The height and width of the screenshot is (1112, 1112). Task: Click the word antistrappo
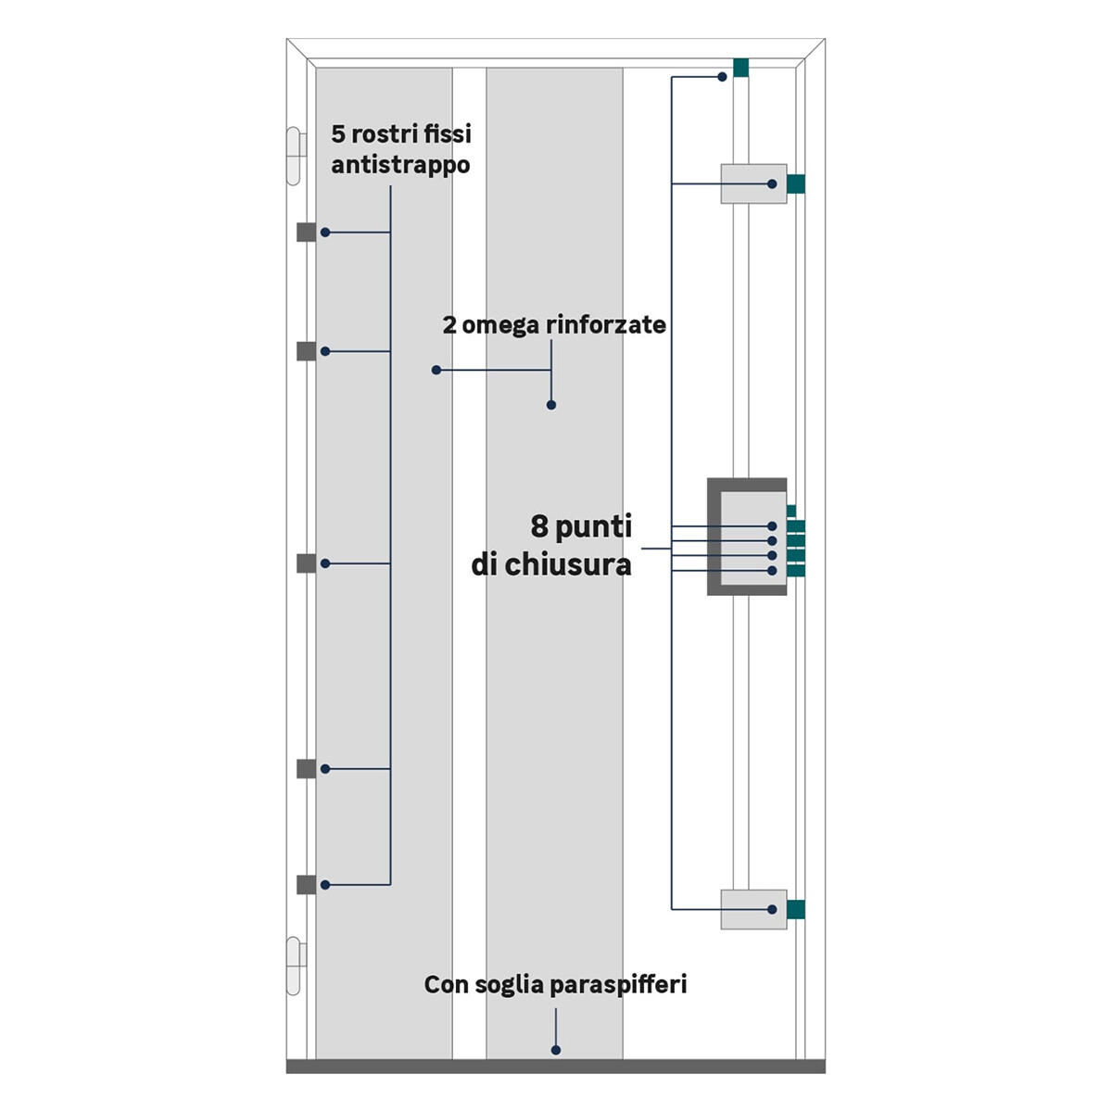(400, 166)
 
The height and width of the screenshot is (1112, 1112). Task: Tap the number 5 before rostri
(338, 133)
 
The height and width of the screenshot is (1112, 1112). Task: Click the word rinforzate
(605, 325)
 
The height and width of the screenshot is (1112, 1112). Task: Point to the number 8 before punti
(539, 526)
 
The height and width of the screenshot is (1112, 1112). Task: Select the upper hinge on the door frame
(295, 156)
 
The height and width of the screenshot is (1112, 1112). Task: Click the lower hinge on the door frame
(295, 966)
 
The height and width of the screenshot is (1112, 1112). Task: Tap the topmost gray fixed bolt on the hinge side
(307, 232)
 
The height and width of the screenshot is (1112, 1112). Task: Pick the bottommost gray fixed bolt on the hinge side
(307, 885)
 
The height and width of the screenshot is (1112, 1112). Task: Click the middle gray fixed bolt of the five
(307, 563)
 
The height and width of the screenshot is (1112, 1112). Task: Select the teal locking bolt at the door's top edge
(740, 68)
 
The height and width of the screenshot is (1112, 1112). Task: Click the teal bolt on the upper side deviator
(796, 184)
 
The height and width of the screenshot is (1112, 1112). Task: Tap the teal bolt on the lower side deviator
(796, 909)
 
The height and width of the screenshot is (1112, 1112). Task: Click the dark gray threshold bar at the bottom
(556, 1067)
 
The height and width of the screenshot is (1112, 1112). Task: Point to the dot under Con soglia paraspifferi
(556, 1050)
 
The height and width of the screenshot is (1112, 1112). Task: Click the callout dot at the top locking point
(722, 77)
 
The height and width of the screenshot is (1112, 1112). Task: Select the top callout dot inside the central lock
(772, 526)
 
